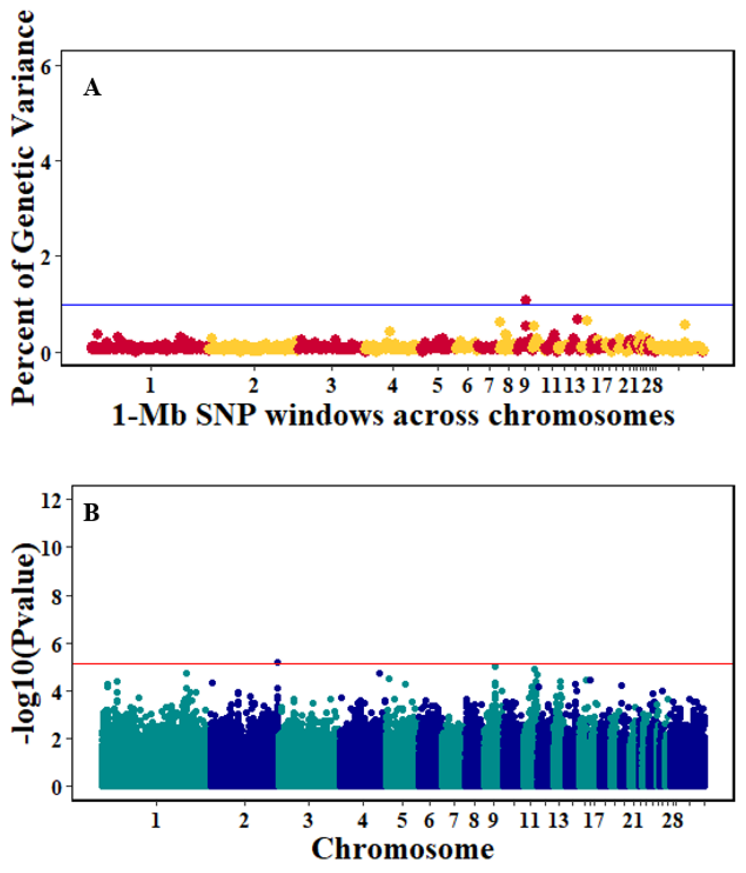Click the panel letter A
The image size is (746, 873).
point(92,88)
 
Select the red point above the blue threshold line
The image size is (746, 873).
point(525,300)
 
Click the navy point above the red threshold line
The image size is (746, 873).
point(278,662)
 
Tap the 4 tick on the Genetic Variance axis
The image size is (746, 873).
point(45,161)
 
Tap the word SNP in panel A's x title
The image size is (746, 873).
point(225,415)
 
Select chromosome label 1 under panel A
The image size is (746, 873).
point(150,385)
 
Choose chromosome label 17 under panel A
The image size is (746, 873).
point(602,385)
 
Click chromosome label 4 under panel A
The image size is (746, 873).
point(392,385)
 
